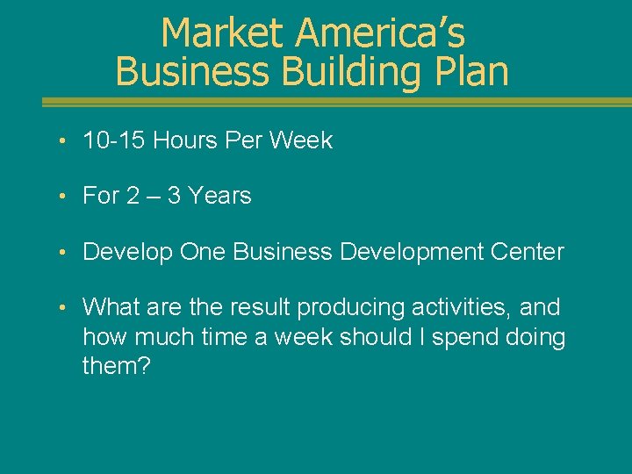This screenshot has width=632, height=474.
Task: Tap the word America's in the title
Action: (380, 33)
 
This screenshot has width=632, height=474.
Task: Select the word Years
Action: (217, 196)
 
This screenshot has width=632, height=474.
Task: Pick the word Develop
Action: (127, 253)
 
